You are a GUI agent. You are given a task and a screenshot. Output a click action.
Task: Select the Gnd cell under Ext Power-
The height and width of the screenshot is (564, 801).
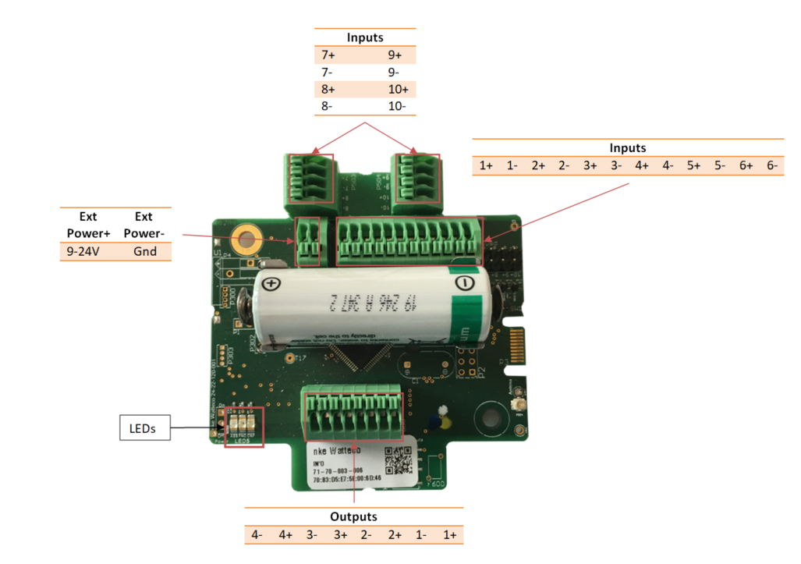pyautogui.click(x=145, y=251)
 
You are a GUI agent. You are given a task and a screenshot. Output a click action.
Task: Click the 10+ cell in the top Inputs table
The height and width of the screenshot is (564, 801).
pyautogui.click(x=398, y=89)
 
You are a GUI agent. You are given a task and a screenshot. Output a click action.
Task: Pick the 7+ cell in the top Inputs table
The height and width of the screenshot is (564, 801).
pyautogui.click(x=328, y=56)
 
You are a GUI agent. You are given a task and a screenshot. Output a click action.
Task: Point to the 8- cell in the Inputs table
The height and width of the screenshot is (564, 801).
pyautogui.click(x=328, y=105)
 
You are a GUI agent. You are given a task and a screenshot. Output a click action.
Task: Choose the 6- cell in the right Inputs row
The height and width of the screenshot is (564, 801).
pyautogui.click(x=771, y=165)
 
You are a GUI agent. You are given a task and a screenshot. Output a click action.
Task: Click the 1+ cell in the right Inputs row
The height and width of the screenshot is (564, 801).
pyautogui.click(x=486, y=165)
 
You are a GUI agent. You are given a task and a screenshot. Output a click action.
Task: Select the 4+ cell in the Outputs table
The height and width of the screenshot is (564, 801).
pyautogui.click(x=285, y=535)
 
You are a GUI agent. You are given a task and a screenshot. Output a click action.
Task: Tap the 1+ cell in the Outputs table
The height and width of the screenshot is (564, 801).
pyautogui.click(x=449, y=535)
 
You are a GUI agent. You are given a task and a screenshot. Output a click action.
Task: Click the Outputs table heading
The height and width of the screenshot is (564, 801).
pyautogui.click(x=353, y=516)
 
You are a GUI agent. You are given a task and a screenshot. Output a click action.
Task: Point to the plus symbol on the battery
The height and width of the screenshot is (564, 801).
pyautogui.click(x=271, y=284)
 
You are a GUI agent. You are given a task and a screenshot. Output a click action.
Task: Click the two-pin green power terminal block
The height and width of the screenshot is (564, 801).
pyautogui.click(x=309, y=241)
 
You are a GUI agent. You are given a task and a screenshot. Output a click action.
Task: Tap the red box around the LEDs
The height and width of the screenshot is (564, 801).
pyautogui.click(x=244, y=427)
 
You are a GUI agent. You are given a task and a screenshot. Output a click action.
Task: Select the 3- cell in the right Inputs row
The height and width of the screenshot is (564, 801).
pyautogui.click(x=616, y=165)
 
